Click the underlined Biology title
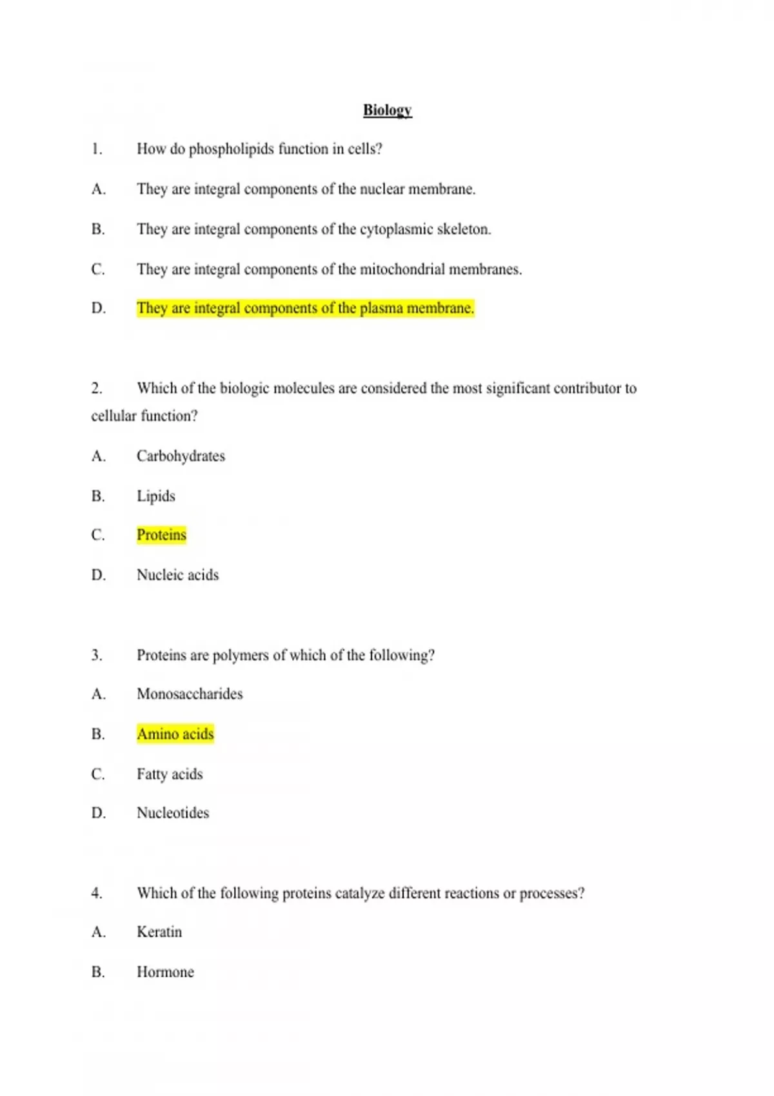[x=387, y=110]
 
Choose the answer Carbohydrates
[x=181, y=456]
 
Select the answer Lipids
[x=155, y=496]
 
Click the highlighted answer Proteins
[x=161, y=535]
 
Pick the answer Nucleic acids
[x=177, y=575]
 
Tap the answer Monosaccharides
[x=190, y=694]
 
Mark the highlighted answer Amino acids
[x=175, y=734]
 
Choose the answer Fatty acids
[x=170, y=774]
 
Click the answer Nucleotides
[x=173, y=813]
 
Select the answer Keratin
[x=159, y=932]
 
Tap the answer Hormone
[x=165, y=972]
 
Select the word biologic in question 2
[x=244, y=389]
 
